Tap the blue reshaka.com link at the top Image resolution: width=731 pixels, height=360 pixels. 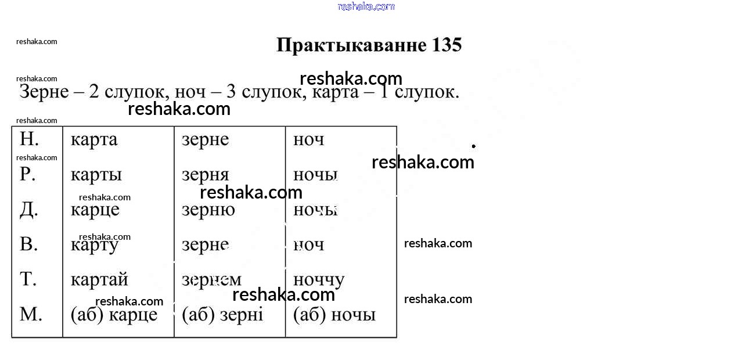[x=366, y=6]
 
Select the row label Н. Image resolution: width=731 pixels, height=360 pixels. [x=29, y=139]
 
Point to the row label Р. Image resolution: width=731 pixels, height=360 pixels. [x=28, y=174]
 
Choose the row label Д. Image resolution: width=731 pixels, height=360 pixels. [x=29, y=210]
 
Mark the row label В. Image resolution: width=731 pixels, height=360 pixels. [x=28, y=244]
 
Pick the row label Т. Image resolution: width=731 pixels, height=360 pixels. [x=28, y=279]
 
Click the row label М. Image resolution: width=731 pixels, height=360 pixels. [x=31, y=314]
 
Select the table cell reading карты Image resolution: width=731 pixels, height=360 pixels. [x=96, y=175]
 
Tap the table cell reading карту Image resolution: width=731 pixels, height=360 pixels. [x=94, y=245]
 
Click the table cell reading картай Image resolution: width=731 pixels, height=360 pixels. [x=99, y=280]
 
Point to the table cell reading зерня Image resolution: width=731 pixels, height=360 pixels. [x=206, y=175]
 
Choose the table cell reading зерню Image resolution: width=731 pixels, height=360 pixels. [x=208, y=210]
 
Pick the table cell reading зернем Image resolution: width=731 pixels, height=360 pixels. [x=211, y=280]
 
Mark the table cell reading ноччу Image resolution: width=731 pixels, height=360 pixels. [x=319, y=280]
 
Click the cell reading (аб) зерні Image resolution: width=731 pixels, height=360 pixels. [x=222, y=315]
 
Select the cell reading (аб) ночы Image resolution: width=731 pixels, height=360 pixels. [x=334, y=315]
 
